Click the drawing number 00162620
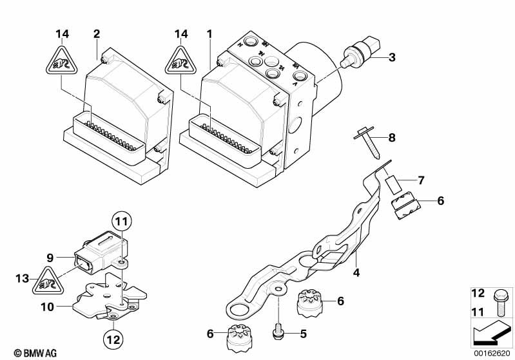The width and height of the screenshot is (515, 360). click(x=493, y=353)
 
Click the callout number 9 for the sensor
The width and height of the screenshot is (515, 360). click(x=48, y=258)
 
